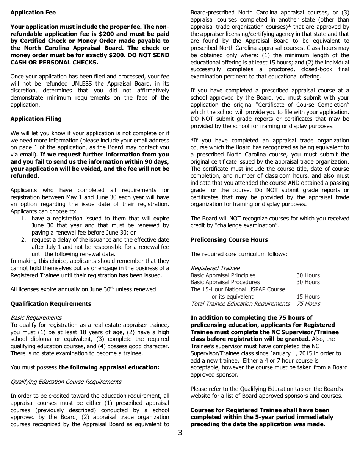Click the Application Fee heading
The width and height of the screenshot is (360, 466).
[x=33, y=13]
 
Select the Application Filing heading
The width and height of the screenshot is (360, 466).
[x=36, y=119]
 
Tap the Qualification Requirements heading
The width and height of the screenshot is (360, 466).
[x=51, y=304]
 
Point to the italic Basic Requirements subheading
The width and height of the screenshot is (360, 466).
[x=36, y=318]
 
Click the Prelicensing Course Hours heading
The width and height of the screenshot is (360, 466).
[x=229, y=240]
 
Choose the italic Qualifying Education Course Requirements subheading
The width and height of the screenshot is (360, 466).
[x=66, y=382]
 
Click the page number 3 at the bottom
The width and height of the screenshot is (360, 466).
[x=180, y=433]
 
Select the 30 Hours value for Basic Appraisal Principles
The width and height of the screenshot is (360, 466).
[x=308, y=275]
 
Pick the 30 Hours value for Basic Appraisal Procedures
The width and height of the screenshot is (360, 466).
[x=308, y=282]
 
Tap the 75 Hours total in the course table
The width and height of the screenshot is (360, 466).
[x=308, y=304]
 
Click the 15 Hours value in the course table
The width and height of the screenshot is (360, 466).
[x=308, y=297]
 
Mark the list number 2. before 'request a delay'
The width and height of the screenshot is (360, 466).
[x=23, y=240]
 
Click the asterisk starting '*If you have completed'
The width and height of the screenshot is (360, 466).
[x=192, y=141]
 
